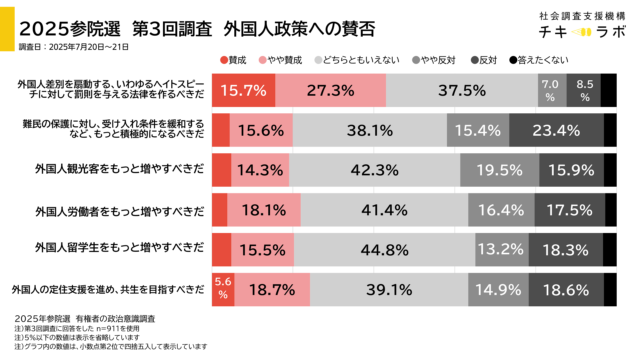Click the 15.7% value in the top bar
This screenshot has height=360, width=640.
pyautogui.click(x=243, y=91)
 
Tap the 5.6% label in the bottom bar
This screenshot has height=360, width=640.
pyautogui.click(x=223, y=288)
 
